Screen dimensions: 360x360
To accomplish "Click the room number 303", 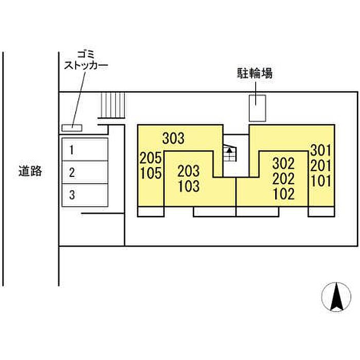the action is [173, 138].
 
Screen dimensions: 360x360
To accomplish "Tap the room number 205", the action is [151, 158].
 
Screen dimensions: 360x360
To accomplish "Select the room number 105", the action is [151, 173].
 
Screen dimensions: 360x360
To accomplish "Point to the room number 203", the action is [189, 171].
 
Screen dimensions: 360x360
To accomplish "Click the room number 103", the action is [189, 186].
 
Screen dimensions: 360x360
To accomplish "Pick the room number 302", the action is [283, 164].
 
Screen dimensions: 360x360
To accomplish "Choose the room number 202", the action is [283, 178].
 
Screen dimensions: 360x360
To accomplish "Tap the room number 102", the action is [283, 194].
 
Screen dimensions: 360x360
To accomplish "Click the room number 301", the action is [321, 150].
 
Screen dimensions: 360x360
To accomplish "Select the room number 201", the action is [321, 166].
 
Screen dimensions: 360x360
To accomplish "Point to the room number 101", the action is [321, 181].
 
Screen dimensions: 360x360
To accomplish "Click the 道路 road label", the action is [30, 171].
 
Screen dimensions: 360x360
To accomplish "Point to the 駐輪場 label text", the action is [255, 73].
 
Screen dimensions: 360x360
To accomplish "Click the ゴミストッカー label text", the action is [86, 60].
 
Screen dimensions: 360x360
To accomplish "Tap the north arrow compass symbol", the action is [336, 297].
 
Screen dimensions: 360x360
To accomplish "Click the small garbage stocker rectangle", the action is [72, 128].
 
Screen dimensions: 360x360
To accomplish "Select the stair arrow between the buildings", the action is [229, 150].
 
